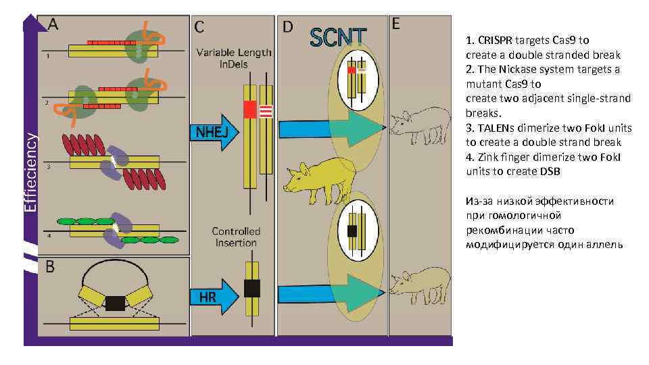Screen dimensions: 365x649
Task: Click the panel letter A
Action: [53, 24]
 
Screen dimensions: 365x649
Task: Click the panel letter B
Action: [50, 267]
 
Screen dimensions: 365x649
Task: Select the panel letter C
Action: [200, 27]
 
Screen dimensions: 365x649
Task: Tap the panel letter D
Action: [288, 26]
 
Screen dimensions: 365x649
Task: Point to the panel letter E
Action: [396, 24]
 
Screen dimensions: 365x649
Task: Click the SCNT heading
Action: [338, 38]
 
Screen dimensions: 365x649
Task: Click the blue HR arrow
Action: [216, 296]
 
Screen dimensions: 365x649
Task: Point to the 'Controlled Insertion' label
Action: [235, 237]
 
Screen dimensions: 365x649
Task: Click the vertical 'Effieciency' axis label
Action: [30, 172]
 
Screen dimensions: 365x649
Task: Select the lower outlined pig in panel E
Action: [420, 281]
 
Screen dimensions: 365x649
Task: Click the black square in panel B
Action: [116, 303]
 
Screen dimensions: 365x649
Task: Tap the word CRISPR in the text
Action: [496, 41]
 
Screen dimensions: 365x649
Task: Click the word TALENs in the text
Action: [498, 128]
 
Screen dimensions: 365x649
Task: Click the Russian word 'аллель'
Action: [602, 244]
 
